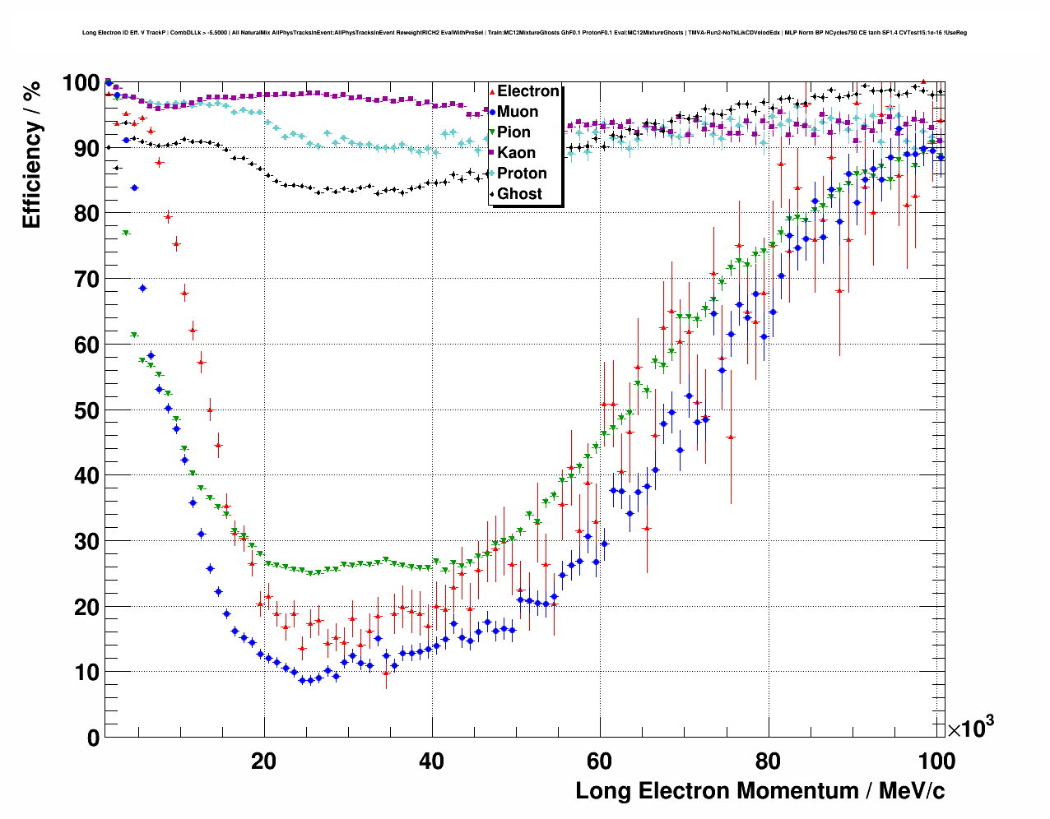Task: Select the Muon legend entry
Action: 517,112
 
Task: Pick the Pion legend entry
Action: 513,132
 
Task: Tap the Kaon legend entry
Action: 516,153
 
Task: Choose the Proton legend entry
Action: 522,174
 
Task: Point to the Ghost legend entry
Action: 519,194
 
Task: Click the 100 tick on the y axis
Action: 81,83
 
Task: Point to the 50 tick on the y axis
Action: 86,410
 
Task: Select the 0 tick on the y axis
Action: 93,738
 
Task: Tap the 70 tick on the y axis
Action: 86,280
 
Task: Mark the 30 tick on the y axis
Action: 86,541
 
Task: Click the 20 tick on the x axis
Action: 264,761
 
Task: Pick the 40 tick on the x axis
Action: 432,761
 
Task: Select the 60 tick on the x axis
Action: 600,761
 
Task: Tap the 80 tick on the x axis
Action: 768,761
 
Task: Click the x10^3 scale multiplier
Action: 970,728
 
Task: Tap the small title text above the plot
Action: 524,33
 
